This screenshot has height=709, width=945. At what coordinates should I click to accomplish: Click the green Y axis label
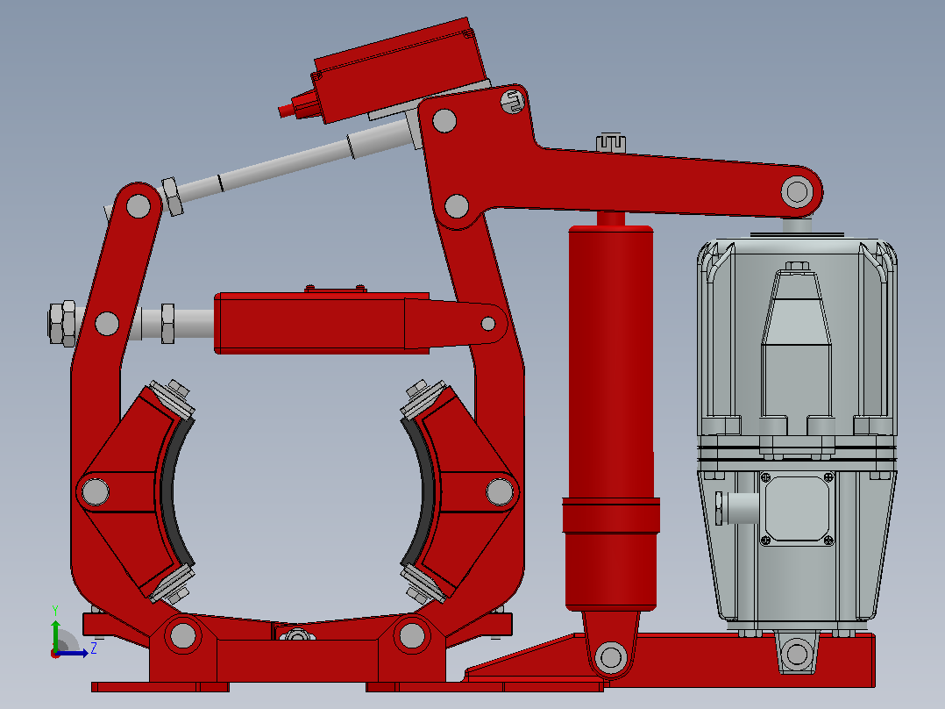(55, 611)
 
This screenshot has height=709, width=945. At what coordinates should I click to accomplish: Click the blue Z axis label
(94, 648)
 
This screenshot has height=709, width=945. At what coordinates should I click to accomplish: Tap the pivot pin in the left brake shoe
(96, 491)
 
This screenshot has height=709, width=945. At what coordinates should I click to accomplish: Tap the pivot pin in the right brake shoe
(500, 491)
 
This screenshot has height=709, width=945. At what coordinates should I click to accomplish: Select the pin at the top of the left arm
(139, 205)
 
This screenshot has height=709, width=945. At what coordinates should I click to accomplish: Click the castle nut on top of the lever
(610, 142)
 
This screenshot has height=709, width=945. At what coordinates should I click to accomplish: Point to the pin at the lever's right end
(797, 192)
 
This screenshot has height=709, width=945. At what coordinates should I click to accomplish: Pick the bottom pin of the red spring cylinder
(610, 655)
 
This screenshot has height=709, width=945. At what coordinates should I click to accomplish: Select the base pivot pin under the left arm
(182, 636)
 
